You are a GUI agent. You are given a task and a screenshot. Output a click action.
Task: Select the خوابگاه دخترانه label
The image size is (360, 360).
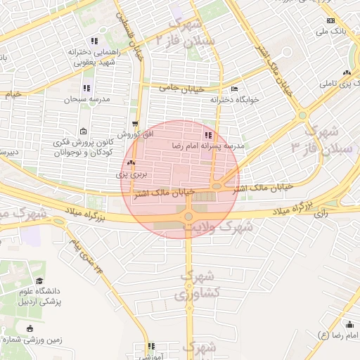click(x=235, y=100)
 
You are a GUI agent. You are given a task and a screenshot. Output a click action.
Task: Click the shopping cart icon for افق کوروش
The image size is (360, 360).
click(x=134, y=124)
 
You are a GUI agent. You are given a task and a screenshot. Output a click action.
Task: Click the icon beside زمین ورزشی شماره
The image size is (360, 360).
click(x=30, y=328)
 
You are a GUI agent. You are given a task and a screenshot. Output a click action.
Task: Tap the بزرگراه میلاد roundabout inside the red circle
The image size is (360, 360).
click(x=188, y=217)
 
